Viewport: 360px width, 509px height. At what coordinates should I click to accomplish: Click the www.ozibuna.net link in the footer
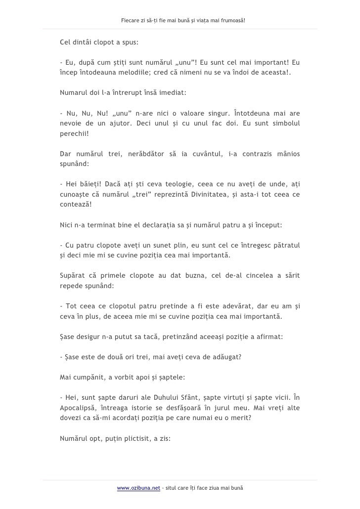139,488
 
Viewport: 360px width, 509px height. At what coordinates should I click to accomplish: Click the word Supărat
72,276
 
